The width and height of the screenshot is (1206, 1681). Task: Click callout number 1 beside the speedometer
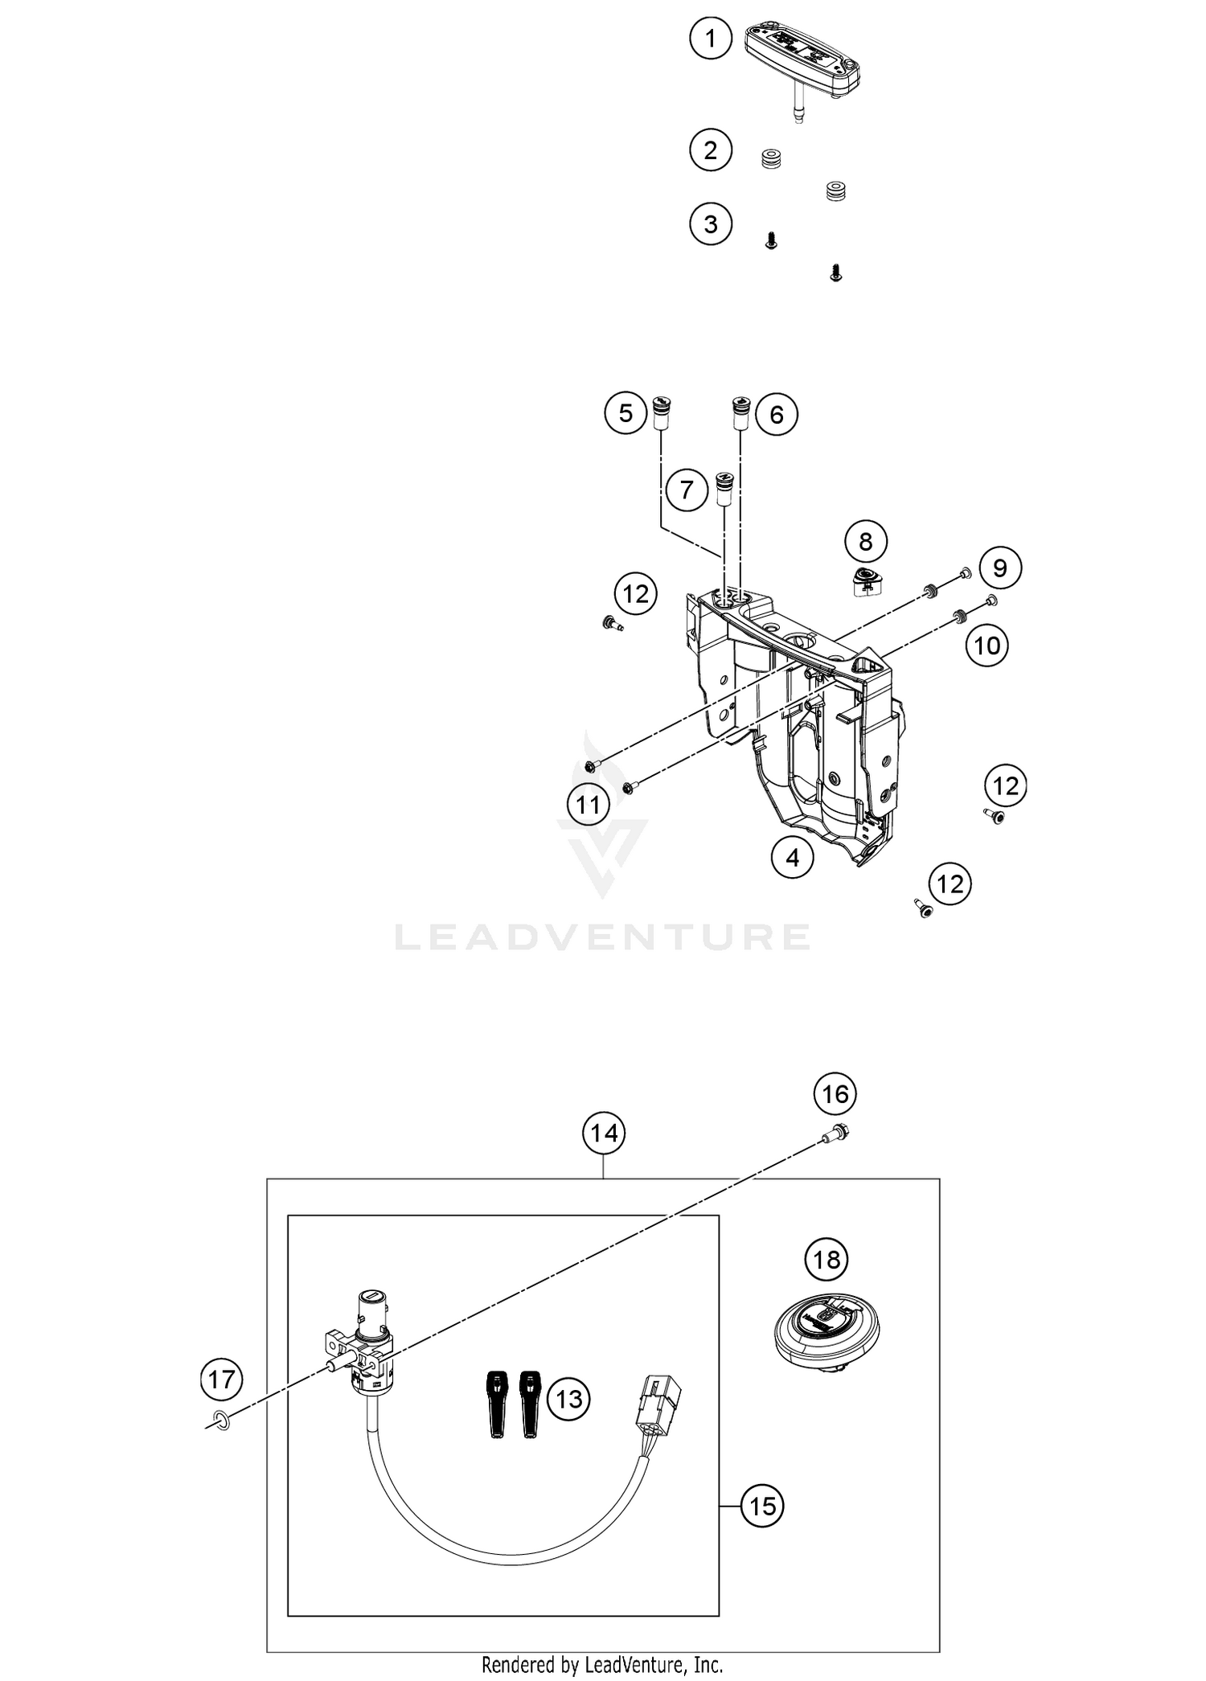711,39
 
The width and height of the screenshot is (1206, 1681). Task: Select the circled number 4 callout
793,858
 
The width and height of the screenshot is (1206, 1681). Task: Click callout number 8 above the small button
865,541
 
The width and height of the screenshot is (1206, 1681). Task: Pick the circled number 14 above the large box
604,1133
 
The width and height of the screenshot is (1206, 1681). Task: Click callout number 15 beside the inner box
762,1506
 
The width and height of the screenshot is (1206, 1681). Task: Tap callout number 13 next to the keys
568,1400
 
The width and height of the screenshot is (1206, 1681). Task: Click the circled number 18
827,1259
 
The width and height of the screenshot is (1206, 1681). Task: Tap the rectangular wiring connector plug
657,1403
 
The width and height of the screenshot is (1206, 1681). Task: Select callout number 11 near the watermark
588,804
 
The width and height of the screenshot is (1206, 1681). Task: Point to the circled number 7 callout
686,489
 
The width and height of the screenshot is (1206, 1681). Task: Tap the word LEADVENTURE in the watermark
601,937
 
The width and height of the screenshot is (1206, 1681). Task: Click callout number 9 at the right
999,568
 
